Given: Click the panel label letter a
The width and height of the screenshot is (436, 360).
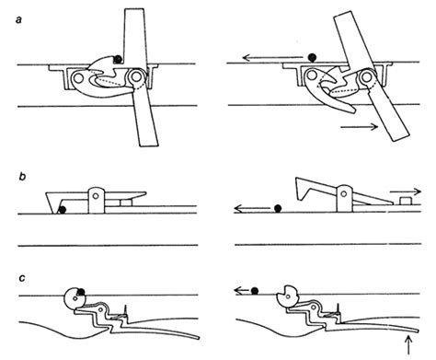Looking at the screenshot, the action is [19, 20].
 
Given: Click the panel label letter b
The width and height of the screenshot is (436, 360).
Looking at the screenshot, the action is [22, 178].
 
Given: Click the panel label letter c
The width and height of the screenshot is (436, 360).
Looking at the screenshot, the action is [22, 278].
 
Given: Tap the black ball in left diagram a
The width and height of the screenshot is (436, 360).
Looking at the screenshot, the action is [118, 59].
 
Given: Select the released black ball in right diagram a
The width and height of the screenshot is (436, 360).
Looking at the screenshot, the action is [312, 57].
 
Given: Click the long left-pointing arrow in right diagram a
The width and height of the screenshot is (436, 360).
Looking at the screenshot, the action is [272, 57].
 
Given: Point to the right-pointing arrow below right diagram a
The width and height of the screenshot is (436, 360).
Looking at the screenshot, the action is [360, 126].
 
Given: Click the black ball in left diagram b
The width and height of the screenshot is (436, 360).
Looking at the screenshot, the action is [63, 210].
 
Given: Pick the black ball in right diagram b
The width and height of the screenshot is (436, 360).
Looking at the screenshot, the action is [278, 208].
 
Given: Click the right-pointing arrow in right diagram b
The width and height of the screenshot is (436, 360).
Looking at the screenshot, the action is [406, 192].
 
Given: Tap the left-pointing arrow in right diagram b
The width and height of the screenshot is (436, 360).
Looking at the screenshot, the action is [252, 209].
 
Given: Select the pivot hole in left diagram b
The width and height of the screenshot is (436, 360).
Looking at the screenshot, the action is [96, 195].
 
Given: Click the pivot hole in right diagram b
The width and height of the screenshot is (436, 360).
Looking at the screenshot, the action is [344, 193].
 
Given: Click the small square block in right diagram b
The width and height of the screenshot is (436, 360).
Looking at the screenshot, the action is [406, 201].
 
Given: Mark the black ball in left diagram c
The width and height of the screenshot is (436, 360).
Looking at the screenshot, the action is [81, 292].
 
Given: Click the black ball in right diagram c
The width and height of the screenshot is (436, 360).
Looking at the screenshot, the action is [255, 290].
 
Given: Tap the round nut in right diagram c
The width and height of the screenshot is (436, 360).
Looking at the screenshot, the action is [287, 296].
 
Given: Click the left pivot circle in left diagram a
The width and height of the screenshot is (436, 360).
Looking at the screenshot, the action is [78, 78].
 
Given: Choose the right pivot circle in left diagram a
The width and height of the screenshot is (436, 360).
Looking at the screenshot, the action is [134, 77].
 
